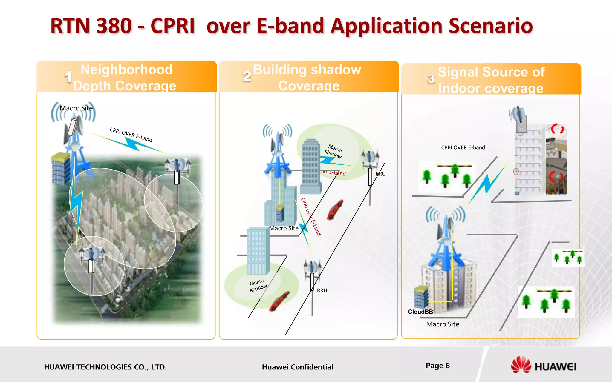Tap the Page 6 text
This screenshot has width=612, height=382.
tap(437, 366)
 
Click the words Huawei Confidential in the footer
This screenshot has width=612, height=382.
tap(297, 367)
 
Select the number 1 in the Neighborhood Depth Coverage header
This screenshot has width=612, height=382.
tap(68, 77)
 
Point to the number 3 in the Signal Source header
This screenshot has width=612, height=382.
tap(431, 79)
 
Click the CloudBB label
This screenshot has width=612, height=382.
tap(420, 312)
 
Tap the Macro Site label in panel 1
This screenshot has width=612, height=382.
tap(76, 108)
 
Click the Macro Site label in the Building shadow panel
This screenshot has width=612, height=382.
tap(284, 228)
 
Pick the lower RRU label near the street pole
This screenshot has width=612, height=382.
tap(322, 290)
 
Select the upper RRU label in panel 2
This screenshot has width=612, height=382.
tap(380, 174)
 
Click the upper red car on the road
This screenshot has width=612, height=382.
tap(335, 210)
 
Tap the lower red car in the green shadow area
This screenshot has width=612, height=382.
tap(279, 301)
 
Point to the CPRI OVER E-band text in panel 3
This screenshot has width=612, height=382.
tap(463, 147)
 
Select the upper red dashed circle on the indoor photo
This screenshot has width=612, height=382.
tap(557, 129)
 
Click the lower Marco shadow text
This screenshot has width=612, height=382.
tap(258, 285)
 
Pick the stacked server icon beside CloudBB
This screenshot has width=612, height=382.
tap(421, 297)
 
